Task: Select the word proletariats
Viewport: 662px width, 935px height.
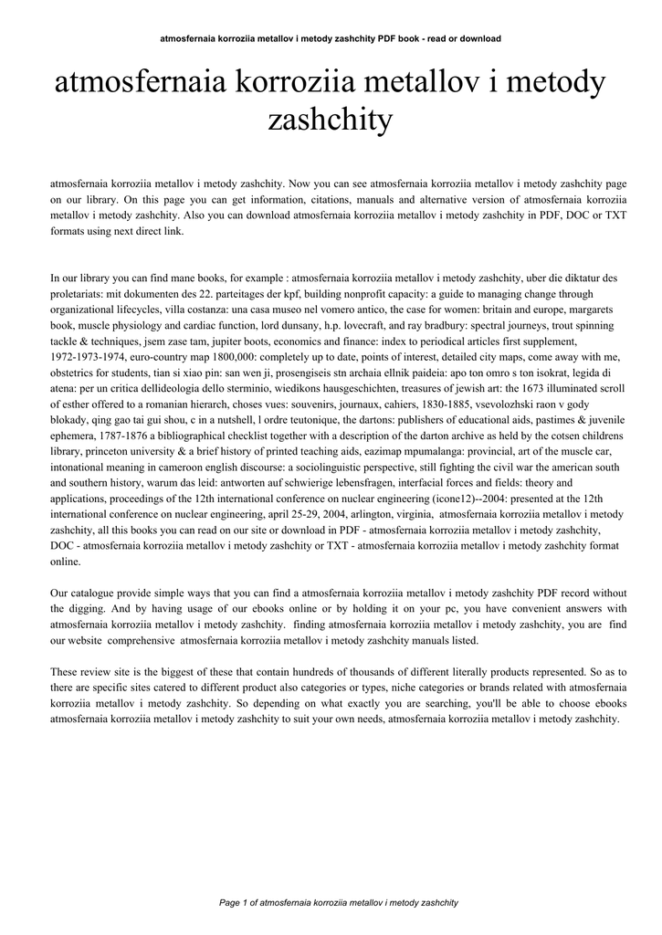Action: coord(79,293)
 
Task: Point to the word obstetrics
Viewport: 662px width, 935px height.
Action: coord(76,373)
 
